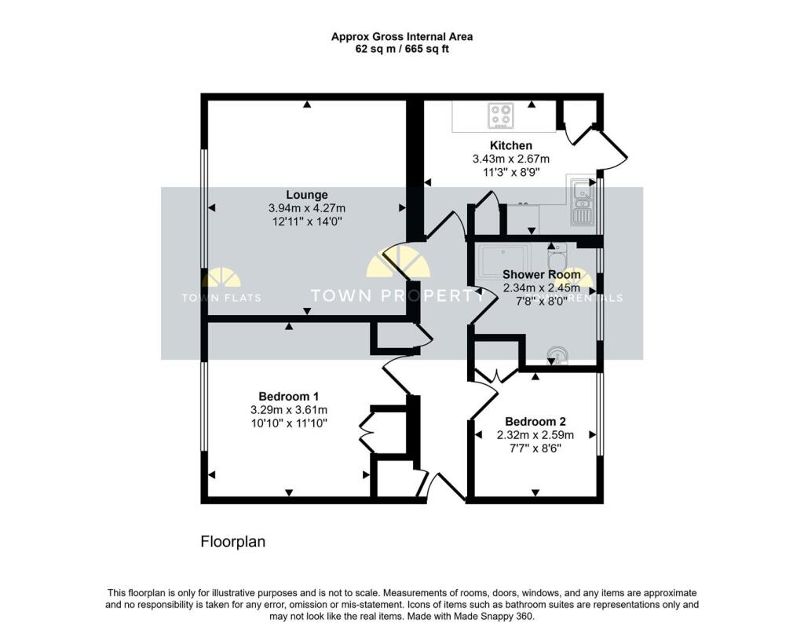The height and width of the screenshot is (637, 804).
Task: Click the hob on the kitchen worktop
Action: [500, 115]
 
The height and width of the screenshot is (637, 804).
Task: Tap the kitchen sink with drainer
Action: [581, 201]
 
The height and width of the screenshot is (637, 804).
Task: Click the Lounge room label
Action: [306, 195]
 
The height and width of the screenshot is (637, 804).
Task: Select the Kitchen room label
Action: [510, 145]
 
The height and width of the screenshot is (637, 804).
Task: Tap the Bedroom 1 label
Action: [288, 396]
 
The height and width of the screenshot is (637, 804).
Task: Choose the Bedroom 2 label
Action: [535, 421]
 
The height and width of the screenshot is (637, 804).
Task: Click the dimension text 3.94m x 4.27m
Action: [306, 208]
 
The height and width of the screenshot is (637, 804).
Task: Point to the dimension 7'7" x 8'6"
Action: [535, 448]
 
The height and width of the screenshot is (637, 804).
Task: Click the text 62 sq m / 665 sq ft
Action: [401, 49]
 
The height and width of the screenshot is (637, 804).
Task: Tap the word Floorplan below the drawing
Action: [233, 541]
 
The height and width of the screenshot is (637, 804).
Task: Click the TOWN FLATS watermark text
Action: [221, 298]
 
